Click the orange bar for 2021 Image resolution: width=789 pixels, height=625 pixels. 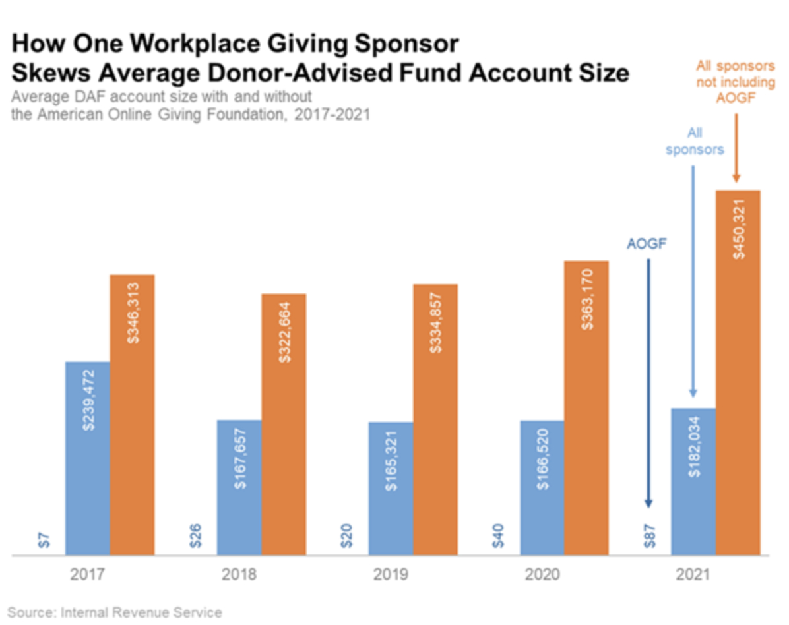(738, 373)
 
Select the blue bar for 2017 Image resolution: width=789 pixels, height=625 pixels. (87, 459)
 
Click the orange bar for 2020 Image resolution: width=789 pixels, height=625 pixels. (586, 409)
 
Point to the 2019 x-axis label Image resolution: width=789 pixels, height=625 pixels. (391, 575)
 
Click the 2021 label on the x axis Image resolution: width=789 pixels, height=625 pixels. (693, 575)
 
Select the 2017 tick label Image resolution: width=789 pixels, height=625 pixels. (87, 575)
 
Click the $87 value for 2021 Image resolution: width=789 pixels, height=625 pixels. (649, 535)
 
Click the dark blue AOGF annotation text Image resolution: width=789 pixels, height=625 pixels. (647, 243)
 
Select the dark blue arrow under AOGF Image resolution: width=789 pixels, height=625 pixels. (648, 382)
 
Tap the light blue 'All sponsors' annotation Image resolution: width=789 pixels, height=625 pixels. (694, 141)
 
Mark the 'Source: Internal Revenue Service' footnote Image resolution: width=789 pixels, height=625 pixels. (115, 612)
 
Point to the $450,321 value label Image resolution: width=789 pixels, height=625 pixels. (738, 227)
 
